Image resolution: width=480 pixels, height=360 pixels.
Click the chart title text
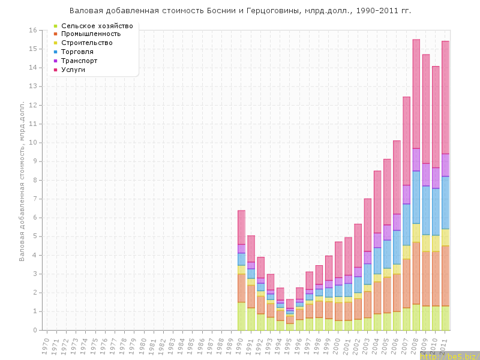pos(240,11)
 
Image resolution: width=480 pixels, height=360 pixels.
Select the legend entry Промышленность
pos(95,34)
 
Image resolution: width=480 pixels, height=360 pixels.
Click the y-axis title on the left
pos(22,180)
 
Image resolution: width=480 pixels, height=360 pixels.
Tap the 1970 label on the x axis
pos(46,346)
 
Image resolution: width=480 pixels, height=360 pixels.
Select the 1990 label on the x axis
pos(241,346)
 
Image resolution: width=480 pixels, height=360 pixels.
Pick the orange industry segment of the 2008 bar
pos(416,273)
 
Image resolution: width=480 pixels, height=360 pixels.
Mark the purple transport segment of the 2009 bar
pos(426,175)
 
